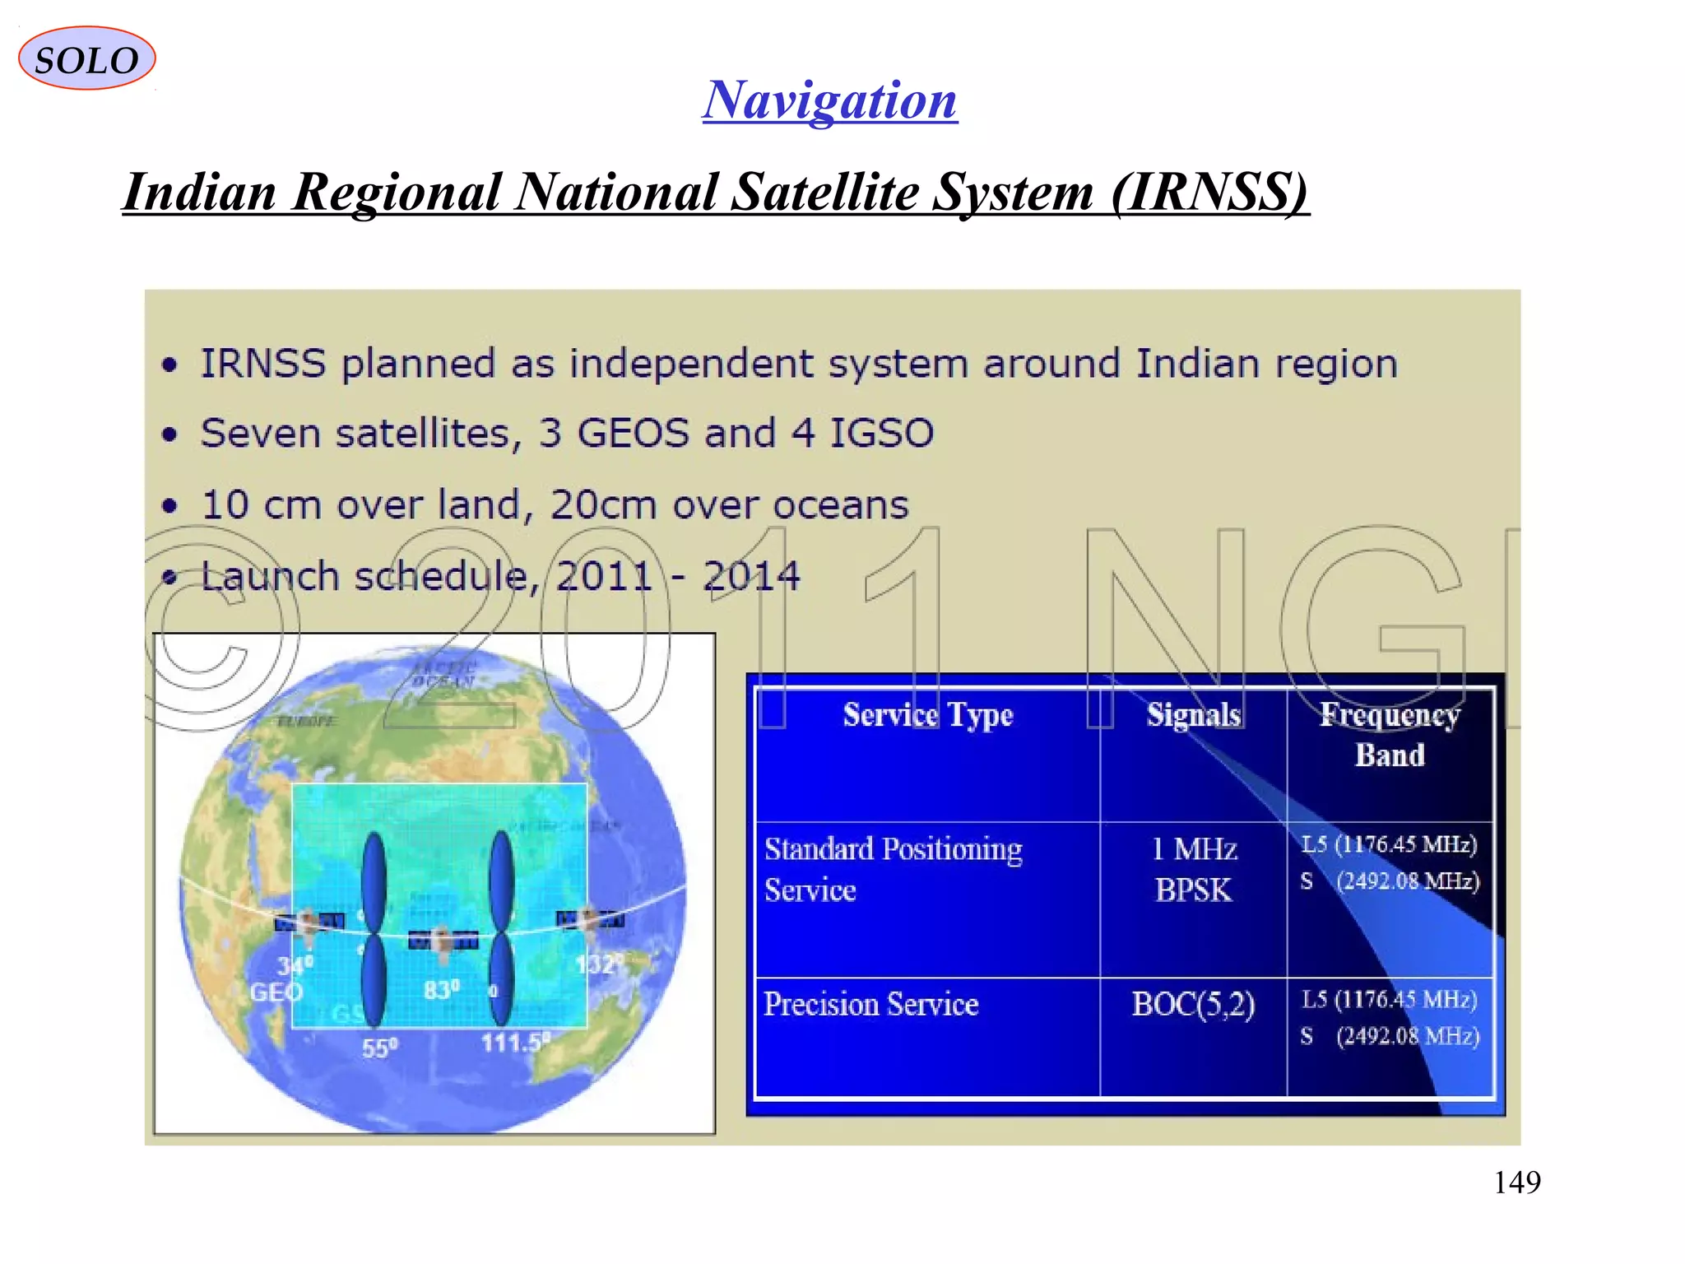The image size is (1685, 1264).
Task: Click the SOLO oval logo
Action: click(86, 58)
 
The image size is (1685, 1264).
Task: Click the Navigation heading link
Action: click(829, 100)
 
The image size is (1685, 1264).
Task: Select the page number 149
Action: click(1516, 1183)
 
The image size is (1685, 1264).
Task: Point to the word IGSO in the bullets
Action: click(881, 434)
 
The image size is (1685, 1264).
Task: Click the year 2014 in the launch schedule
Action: click(751, 576)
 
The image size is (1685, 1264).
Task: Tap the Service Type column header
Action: click(927, 715)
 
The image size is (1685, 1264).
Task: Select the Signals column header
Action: click(1193, 714)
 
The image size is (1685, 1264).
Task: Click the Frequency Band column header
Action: click(1390, 734)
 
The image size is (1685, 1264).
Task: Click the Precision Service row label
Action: click(870, 1005)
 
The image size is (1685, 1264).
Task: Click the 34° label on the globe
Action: click(295, 964)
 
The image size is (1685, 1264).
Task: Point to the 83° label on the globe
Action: click(442, 989)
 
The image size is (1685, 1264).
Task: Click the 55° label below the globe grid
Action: click(379, 1048)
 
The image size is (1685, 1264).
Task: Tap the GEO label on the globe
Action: click(276, 992)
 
